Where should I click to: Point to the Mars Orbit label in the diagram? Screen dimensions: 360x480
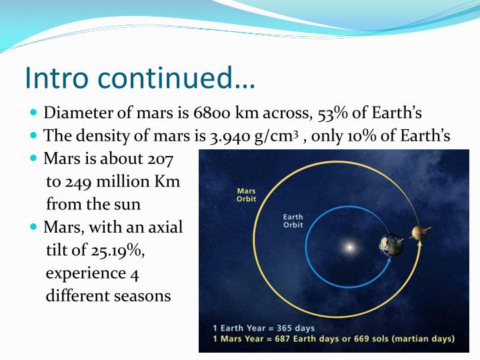[246, 195]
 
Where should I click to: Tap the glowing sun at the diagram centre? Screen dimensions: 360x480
[347, 247]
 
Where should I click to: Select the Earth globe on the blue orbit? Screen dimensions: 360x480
[392, 245]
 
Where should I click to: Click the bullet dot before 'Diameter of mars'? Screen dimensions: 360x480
[35, 113]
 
